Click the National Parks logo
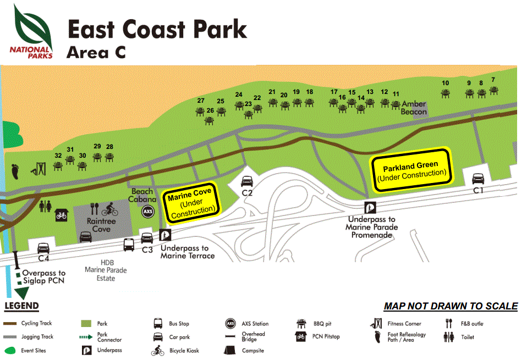[x=31, y=32]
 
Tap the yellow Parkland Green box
[x=410, y=169]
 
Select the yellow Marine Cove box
[x=191, y=202]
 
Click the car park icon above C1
[x=477, y=179]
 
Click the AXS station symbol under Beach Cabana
[x=147, y=212]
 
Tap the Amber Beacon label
[x=414, y=107]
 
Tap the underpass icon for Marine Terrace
[x=164, y=235]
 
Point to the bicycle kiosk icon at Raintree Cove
[x=110, y=209]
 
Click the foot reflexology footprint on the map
[x=15, y=170]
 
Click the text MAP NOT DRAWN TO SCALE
[x=450, y=306]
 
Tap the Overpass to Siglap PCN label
[x=44, y=276]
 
